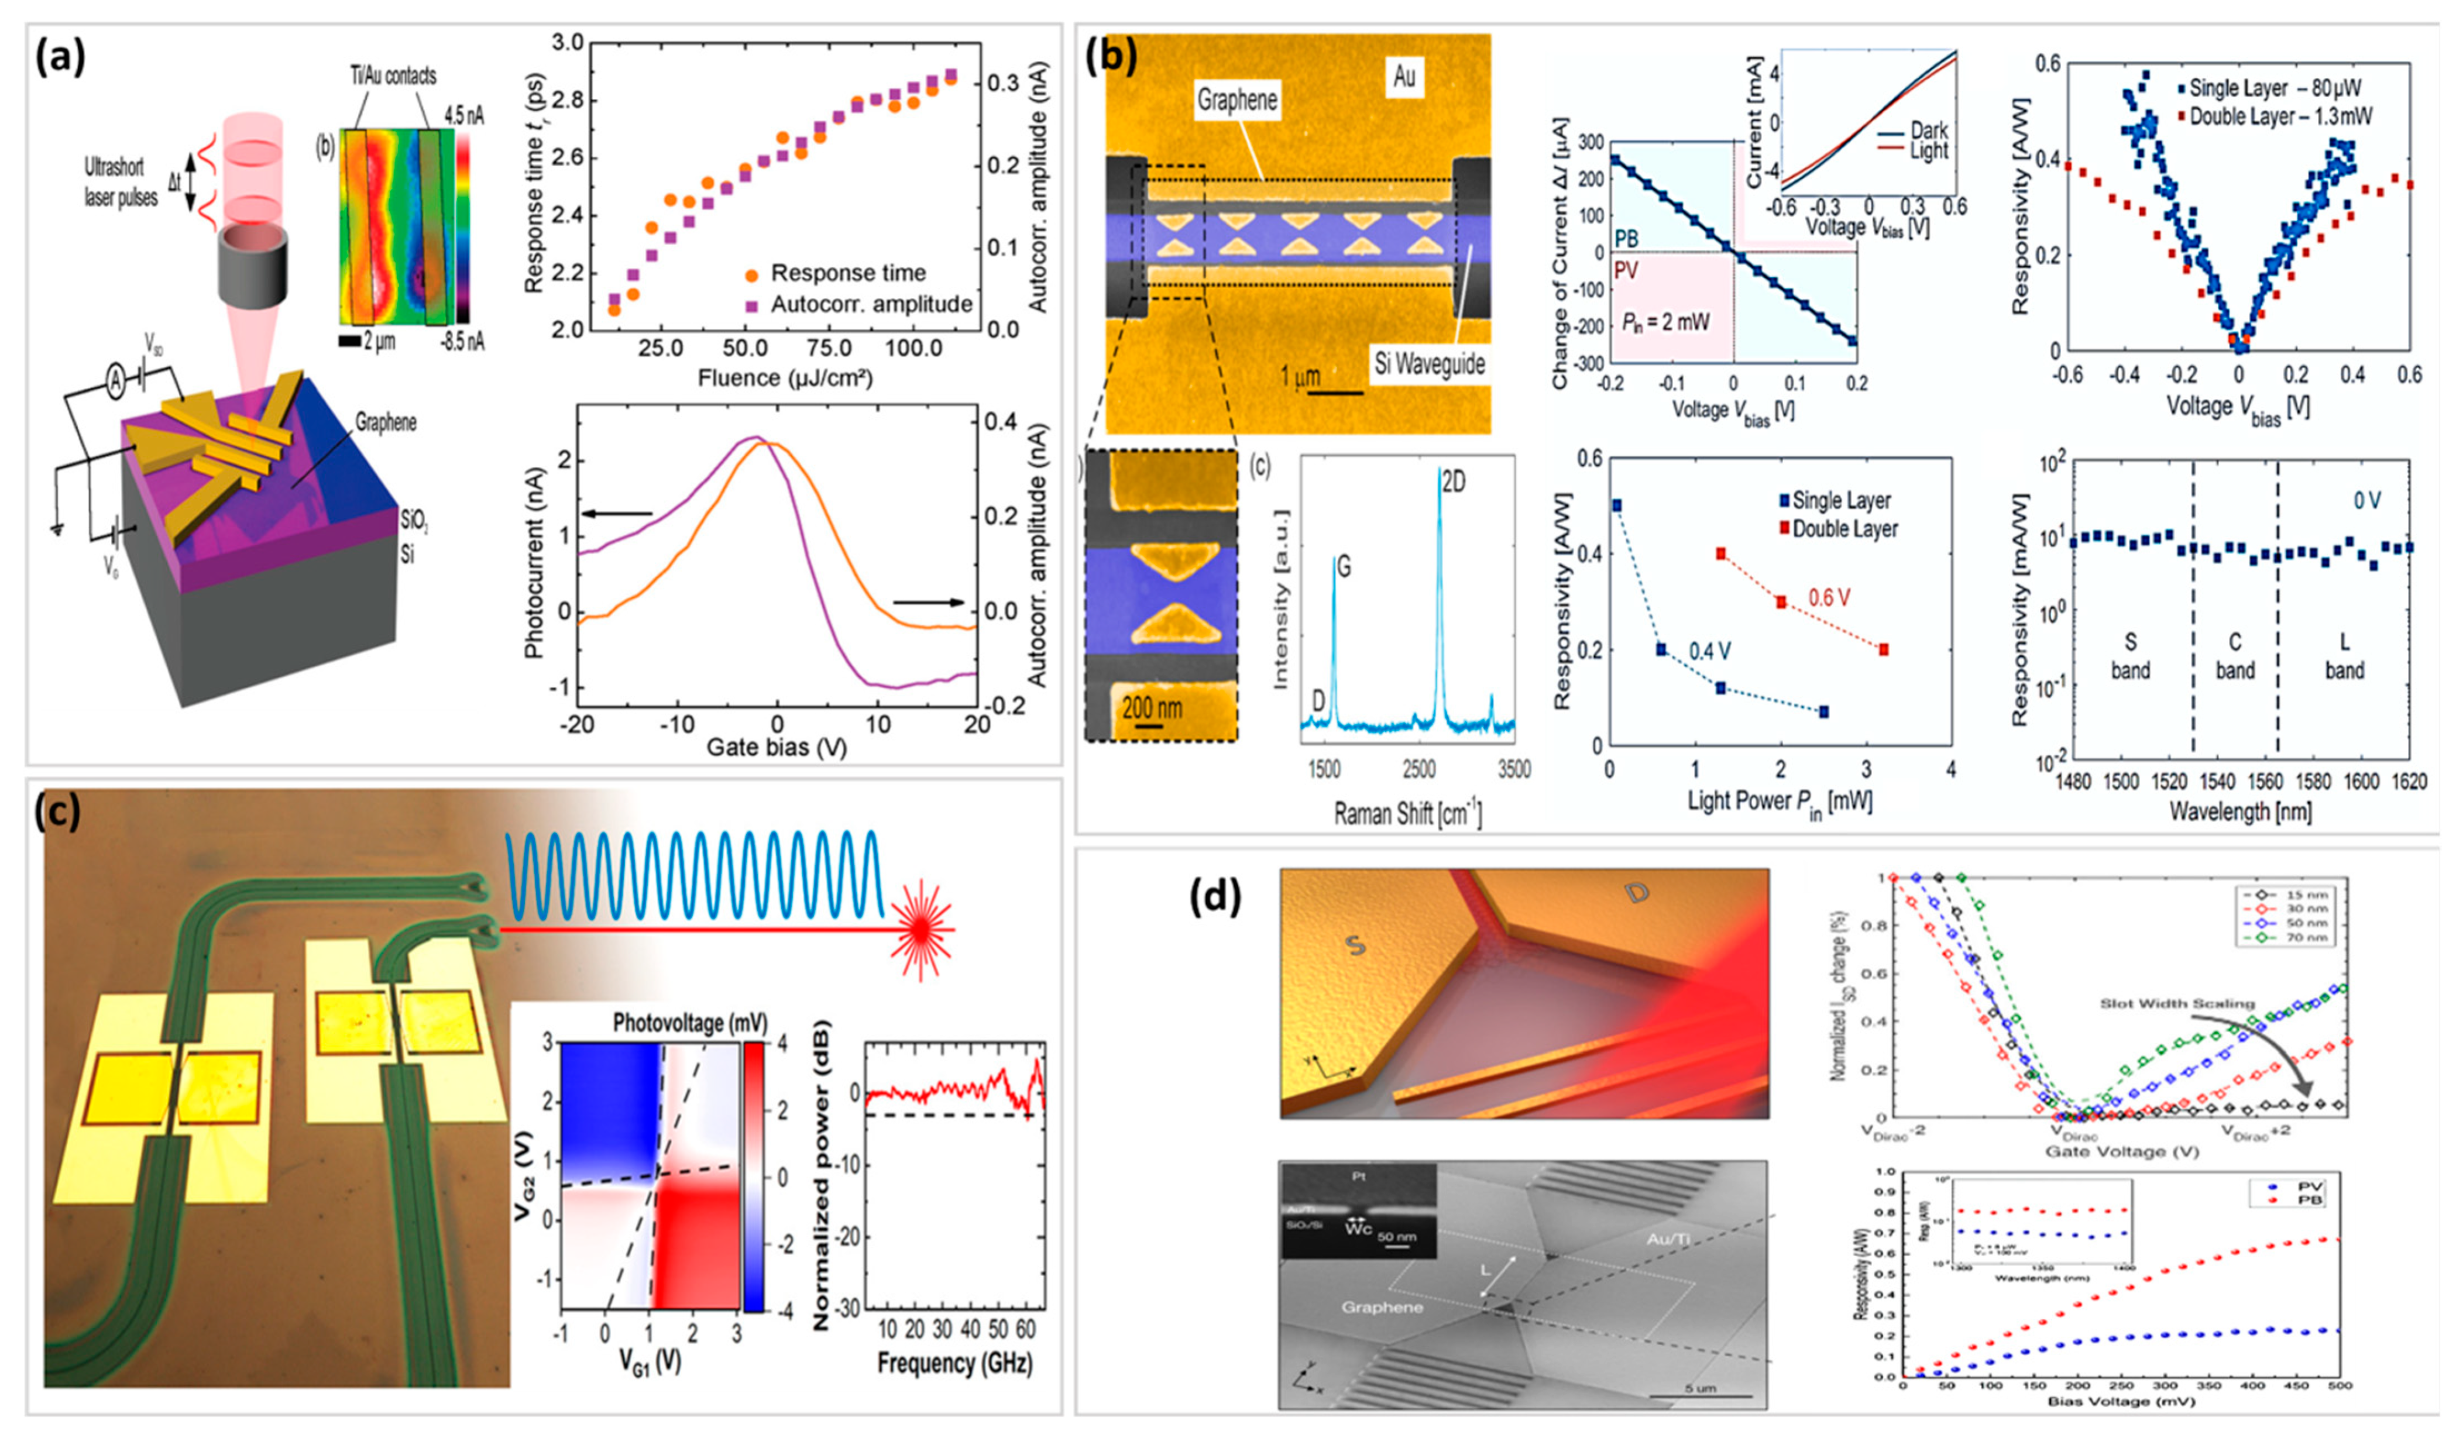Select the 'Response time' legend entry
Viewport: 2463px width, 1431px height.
pyautogui.click(x=846, y=273)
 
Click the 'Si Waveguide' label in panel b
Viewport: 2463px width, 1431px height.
pyautogui.click(x=1429, y=364)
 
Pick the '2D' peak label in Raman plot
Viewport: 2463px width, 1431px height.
pyautogui.click(x=1454, y=481)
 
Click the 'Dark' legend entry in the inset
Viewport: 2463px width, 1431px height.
pyautogui.click(x=1928, y=130)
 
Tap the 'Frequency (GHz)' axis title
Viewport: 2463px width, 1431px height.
pyautogui.click(x=954, y=1361)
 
